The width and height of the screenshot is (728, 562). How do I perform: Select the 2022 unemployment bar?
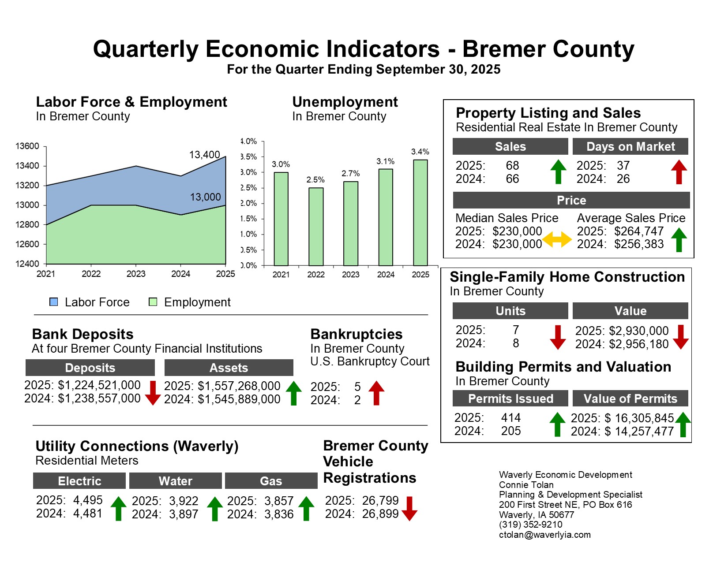[316, 227]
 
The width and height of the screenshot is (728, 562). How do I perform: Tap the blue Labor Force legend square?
[54, 302]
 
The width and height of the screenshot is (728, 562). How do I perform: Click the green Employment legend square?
[153, 302]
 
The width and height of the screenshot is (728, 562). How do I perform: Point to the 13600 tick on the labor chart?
[27, 146]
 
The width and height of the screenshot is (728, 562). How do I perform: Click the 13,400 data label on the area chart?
[204, 155]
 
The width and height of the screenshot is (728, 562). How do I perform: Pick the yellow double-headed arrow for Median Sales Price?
[557, 239]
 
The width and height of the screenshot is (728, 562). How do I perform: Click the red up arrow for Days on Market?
[679, 171]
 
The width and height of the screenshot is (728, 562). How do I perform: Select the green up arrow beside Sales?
[559, 171]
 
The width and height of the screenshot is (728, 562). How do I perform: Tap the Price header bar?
[571, 200]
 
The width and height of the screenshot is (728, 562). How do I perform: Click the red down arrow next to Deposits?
[153, 393]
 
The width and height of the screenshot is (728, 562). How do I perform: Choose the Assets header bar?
[229, 368]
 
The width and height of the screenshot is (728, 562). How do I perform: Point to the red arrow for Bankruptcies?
[376, 393]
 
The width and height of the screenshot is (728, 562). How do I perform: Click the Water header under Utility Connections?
[175, 481]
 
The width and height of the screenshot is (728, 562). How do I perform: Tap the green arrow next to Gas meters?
[306, 508]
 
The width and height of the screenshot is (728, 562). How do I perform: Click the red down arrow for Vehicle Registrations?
[409, 508]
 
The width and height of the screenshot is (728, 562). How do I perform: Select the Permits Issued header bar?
[510, 398]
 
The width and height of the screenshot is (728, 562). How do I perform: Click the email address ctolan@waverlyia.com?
[545, 535]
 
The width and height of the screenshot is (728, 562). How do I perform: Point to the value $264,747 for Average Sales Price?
[639, 231]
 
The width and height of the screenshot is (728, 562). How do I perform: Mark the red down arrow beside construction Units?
[558, 337]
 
